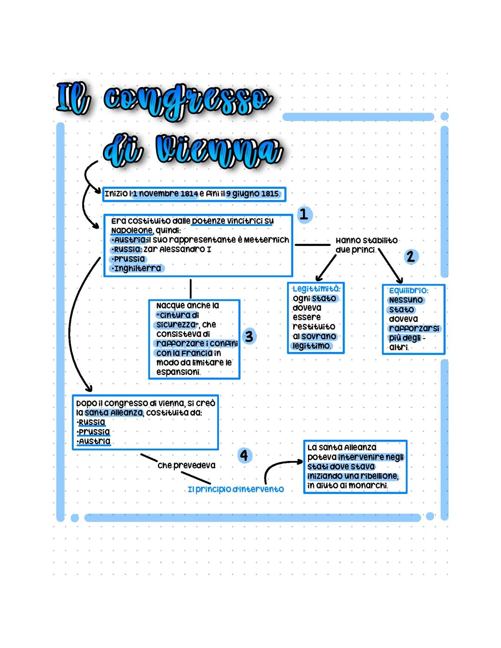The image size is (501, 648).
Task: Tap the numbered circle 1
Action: click(304, 214)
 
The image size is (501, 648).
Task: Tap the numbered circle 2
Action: click(410, 256)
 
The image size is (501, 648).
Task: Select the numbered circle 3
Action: click(249, 336)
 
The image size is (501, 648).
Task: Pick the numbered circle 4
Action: click(244, 455)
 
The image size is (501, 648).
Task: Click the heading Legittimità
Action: click(316, 289)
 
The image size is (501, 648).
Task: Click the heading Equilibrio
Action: click(409, 290)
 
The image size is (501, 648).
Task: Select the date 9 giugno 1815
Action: click(253, 193)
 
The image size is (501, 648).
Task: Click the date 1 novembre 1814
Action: click(166, 193)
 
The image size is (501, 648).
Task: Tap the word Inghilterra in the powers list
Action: click(137, 268)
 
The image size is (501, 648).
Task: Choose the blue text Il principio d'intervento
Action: click(236, 489)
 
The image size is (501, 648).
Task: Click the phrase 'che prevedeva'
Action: click(186, 465)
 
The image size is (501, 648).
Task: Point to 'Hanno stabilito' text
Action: click(366, 240)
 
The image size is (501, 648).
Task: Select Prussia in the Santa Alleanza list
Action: click(94, 432)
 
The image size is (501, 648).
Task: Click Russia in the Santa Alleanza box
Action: click(92, 422)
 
